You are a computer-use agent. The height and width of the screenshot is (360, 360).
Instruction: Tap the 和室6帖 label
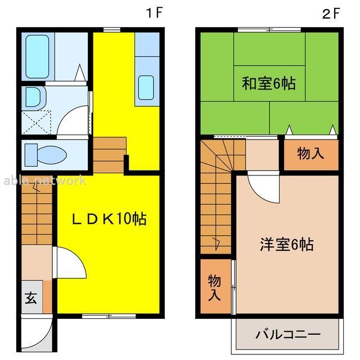click(x=268, y=84)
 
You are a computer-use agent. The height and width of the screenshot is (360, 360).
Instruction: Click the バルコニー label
click(x=288, y=335)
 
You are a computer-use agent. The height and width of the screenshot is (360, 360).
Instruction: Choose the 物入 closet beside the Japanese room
click(x=310, y=154)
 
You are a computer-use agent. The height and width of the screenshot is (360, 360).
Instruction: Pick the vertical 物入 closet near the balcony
click(x=214, y=287)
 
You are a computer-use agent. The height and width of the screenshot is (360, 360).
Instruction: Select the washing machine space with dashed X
click(x=38, y=121)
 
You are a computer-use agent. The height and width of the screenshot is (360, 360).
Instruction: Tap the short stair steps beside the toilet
click(x=109, y=155)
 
